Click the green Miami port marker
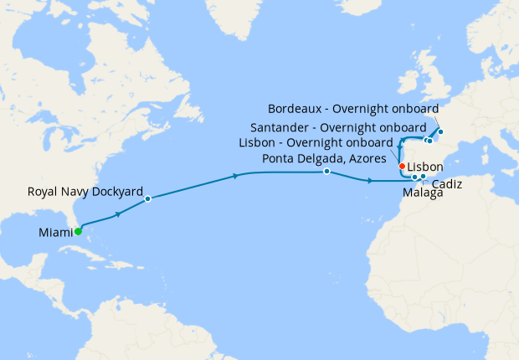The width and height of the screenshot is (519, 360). point(77,232)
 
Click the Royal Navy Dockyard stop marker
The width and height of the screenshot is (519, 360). point(148,198)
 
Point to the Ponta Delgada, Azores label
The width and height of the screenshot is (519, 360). point(324,158)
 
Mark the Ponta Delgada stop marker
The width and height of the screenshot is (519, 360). point(326,172)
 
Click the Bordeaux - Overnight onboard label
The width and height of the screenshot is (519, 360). point(353,109)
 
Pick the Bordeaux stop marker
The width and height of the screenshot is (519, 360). point(439,131)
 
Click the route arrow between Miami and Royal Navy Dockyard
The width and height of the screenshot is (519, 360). point(118,214)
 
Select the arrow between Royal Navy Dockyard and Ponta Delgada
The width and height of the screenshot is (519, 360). point(236,176)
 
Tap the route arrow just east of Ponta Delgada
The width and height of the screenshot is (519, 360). point(369,180)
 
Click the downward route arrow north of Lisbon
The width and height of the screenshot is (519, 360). point(400,147)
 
